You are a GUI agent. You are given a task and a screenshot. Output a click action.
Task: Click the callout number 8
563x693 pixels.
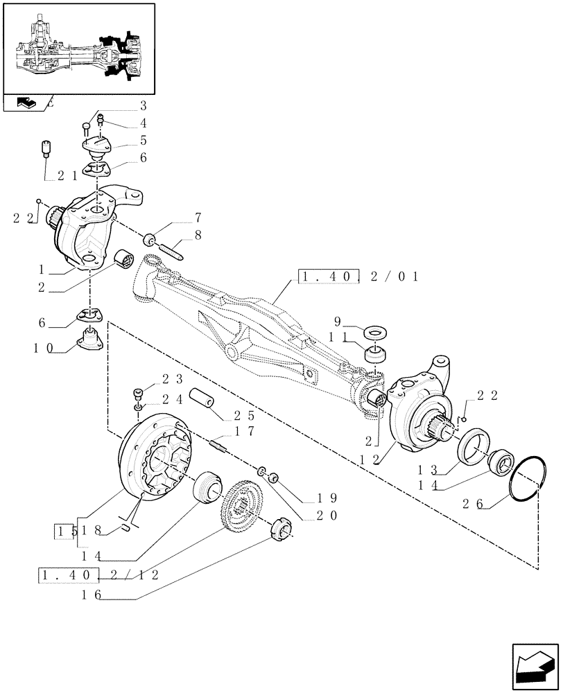tap(198, 235)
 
